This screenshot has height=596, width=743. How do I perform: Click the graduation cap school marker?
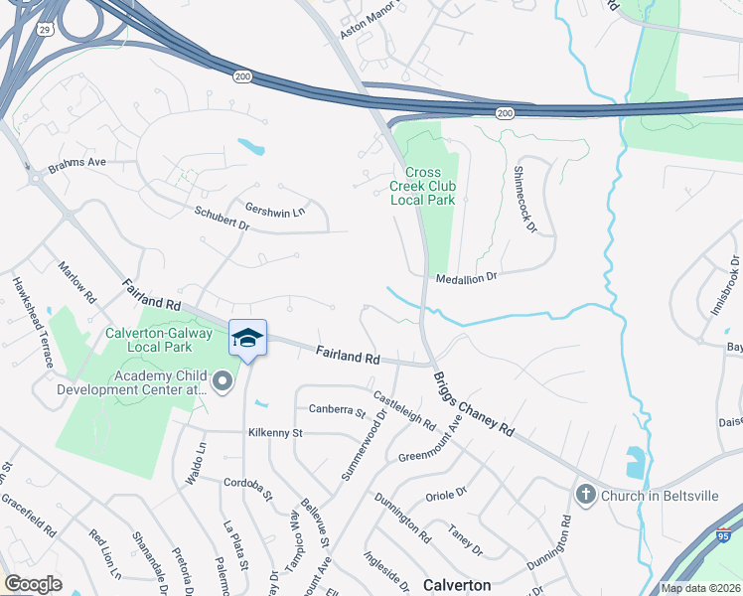247,338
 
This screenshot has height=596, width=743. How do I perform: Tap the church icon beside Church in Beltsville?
586,494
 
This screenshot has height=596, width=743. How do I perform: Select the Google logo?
33,584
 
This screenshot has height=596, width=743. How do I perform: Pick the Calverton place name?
457,585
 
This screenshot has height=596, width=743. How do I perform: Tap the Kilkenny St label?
274,433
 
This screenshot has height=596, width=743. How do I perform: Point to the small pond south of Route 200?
251,149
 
